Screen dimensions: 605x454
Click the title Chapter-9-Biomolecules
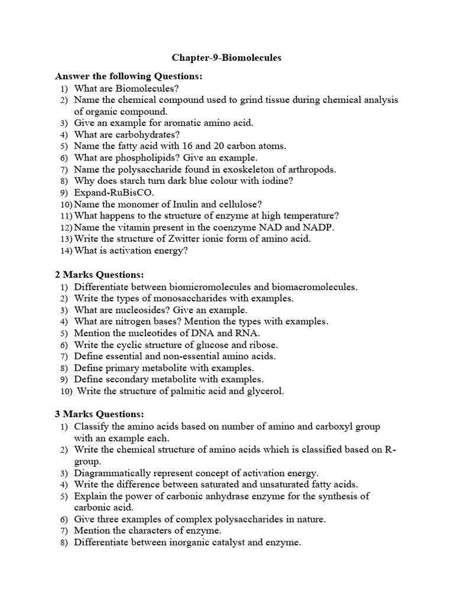(226, 58)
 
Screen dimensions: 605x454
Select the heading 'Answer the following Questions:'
(128, 76)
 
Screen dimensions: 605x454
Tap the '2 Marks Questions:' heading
(99, 275)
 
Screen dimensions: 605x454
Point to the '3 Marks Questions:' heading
(99, 414)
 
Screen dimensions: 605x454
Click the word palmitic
(196, 391)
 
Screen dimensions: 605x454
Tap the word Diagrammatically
(112, 473)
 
